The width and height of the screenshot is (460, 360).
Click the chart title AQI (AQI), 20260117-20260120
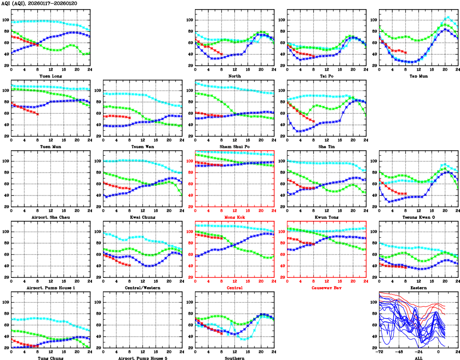[x=40, y=3]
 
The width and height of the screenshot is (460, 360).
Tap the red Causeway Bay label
[x=326, y=288]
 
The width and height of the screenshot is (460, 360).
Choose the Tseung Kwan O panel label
[x=418, y=217]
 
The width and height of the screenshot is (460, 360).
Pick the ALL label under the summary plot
[x=418, y=358]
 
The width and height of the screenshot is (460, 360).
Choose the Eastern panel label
[x=418, y=288]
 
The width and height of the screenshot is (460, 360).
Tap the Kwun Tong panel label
[x=326, y=217]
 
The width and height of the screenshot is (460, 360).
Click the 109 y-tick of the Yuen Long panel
[x=6, y=20]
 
